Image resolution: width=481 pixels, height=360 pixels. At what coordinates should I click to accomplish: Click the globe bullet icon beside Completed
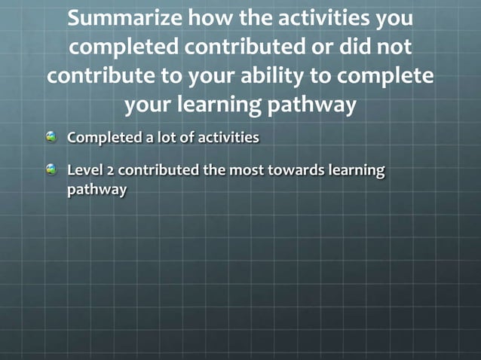[x=51, y=137]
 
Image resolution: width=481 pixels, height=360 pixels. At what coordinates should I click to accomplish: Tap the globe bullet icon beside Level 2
[x=51, y=169]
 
